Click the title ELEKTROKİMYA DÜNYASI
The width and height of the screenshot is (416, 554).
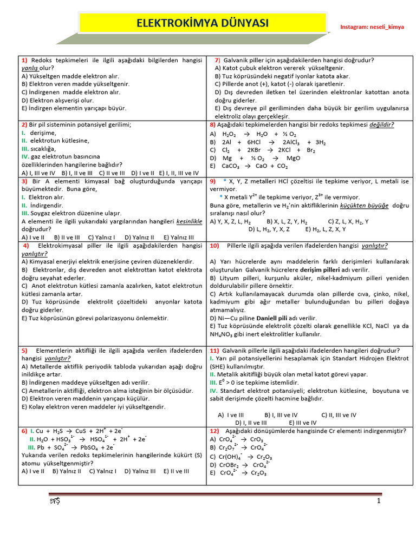(202, 23)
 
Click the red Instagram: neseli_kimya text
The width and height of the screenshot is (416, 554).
(372, 27)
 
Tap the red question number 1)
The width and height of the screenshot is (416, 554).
(25, 60)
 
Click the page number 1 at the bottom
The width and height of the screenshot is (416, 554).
(379, 501)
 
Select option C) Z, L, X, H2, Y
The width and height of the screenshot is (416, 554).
(348, 221)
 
